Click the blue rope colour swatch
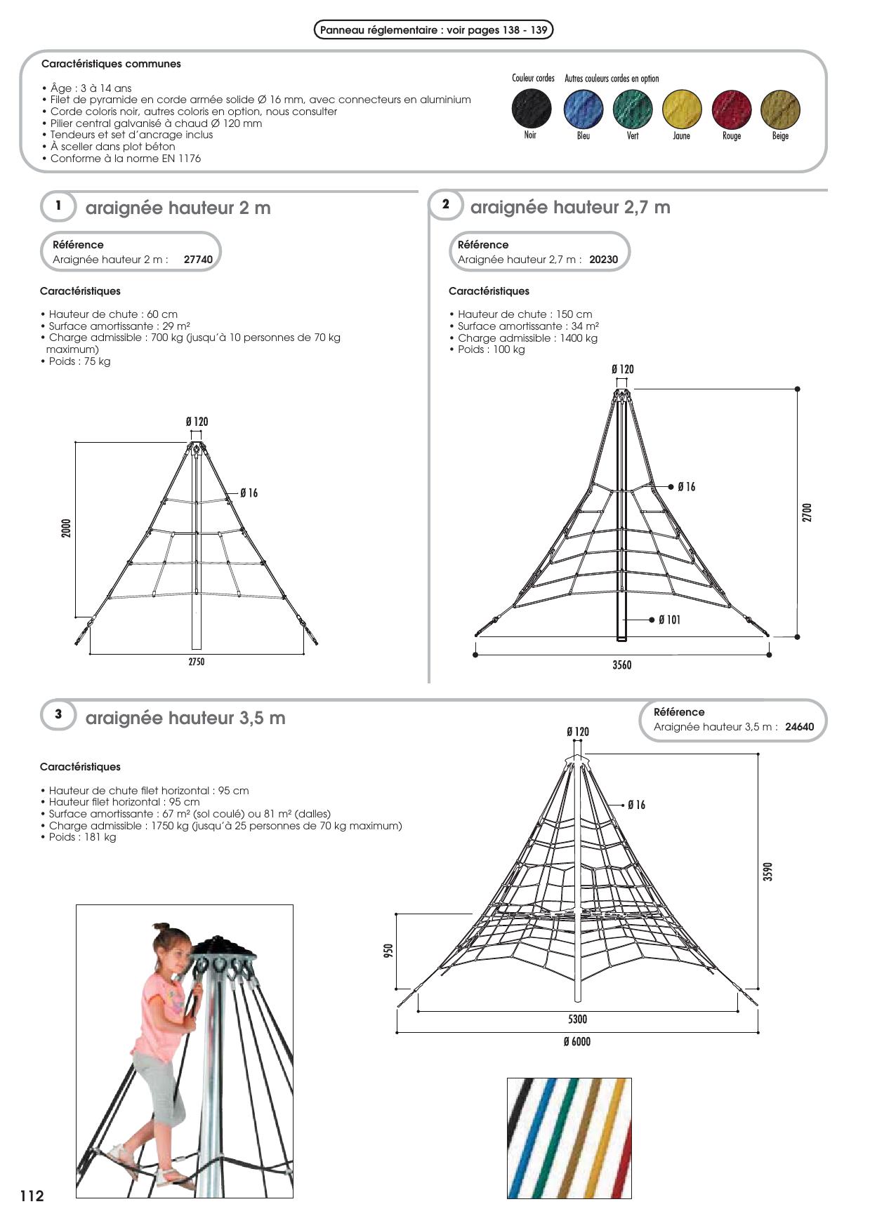tap(583, 109)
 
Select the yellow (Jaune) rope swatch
tap(682, 109)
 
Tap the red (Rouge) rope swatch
tap(732, 109)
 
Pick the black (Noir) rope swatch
tap(532, 109)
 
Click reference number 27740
tap(198, 260)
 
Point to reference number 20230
tap(604, 260)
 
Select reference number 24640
tap(800, 727)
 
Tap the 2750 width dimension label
tap(197, 662)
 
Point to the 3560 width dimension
tap(622, 665)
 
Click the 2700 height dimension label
tap(808, 512)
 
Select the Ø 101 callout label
tap(669, 620)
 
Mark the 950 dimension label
tap(388, 950)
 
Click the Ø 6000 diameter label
tap(577, 1042)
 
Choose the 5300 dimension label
tap(578, 1019)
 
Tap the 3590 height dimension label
tap(768, 871)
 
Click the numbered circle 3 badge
tap(58, 714)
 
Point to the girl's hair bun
tap(162, 928)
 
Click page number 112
tap(32, 1196)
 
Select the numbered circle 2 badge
tap(446, 205)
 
